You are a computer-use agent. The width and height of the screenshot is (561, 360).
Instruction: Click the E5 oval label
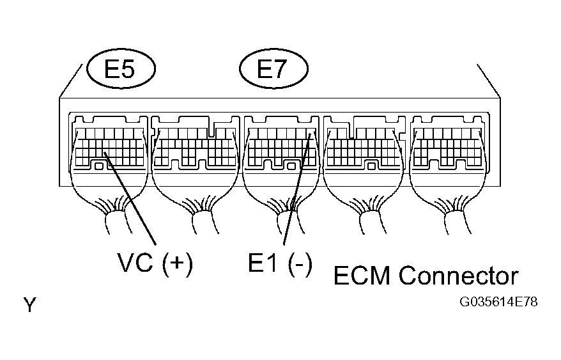pyautogui.click(x=119, y=69)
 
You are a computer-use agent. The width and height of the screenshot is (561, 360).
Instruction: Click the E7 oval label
pyautogui.click(x=273, y=69)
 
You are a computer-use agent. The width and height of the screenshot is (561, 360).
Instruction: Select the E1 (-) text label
pyautogui.click(x=280, y=262)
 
